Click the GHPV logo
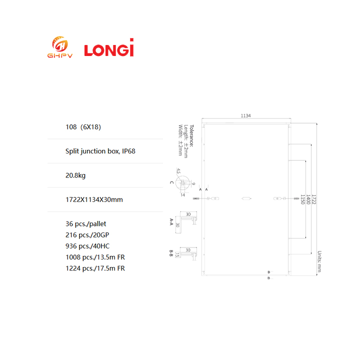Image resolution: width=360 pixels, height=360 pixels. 60,47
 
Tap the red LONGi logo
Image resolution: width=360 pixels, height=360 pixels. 109,47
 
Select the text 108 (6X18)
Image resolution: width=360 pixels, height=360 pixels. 83,127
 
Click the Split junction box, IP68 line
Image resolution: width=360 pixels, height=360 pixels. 100,151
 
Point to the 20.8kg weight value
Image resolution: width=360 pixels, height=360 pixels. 75,175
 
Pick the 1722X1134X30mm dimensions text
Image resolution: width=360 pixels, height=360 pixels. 94,199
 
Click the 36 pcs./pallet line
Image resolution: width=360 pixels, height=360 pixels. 85,224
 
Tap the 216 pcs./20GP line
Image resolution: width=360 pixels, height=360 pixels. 87,235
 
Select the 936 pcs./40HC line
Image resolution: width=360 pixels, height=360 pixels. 87,246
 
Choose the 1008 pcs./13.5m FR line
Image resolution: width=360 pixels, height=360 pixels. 95,257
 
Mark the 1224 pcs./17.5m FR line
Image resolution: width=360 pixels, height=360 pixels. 95,268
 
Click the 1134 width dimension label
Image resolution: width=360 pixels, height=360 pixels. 245,115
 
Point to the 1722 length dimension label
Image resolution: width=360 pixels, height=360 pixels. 314,199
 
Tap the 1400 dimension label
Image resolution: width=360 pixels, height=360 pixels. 308,199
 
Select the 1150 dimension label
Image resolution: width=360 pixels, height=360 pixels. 302,199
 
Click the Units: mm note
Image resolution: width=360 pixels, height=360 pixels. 319,261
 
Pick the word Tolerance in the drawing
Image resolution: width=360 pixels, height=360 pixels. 191,135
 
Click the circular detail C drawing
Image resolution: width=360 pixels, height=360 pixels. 183,183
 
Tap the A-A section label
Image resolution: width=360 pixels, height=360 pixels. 171,222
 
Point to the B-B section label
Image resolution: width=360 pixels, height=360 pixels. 171,253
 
